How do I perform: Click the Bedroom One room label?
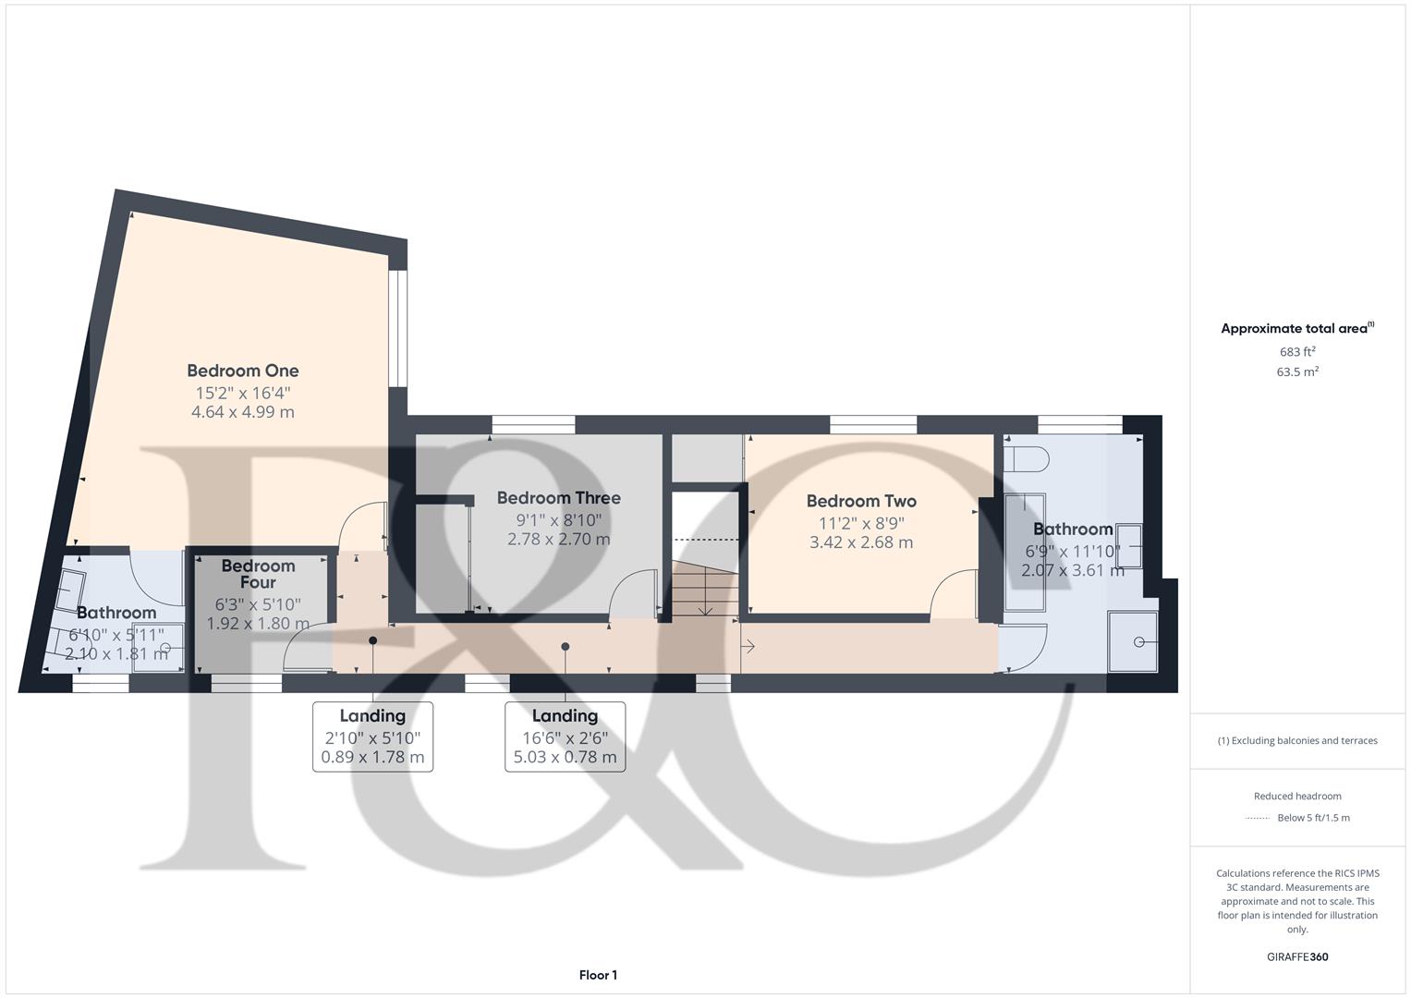(x=242, y=371)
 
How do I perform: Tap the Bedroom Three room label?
(x=558, y=498)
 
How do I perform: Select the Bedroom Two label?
(x=861, y=502)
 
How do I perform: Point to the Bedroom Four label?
(x=258, y=574)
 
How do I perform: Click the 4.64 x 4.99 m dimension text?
(x=242, y=412)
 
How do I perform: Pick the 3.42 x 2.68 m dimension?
(x=861, y=542)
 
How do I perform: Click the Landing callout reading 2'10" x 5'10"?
(x=372, y=736)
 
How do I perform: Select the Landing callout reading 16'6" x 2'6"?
(x=565, y=736)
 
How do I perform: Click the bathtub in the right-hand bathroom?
(x=1024, y=552)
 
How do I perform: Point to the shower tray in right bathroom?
(x=1133, y=640)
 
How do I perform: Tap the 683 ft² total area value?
(x=1297, y=352)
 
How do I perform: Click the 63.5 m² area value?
(x=1297, y=372)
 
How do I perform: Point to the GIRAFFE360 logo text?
(x=1297, y=956)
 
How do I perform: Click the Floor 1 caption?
(x=598, y=975)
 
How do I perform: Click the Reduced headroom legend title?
(x=1297, y=796)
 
